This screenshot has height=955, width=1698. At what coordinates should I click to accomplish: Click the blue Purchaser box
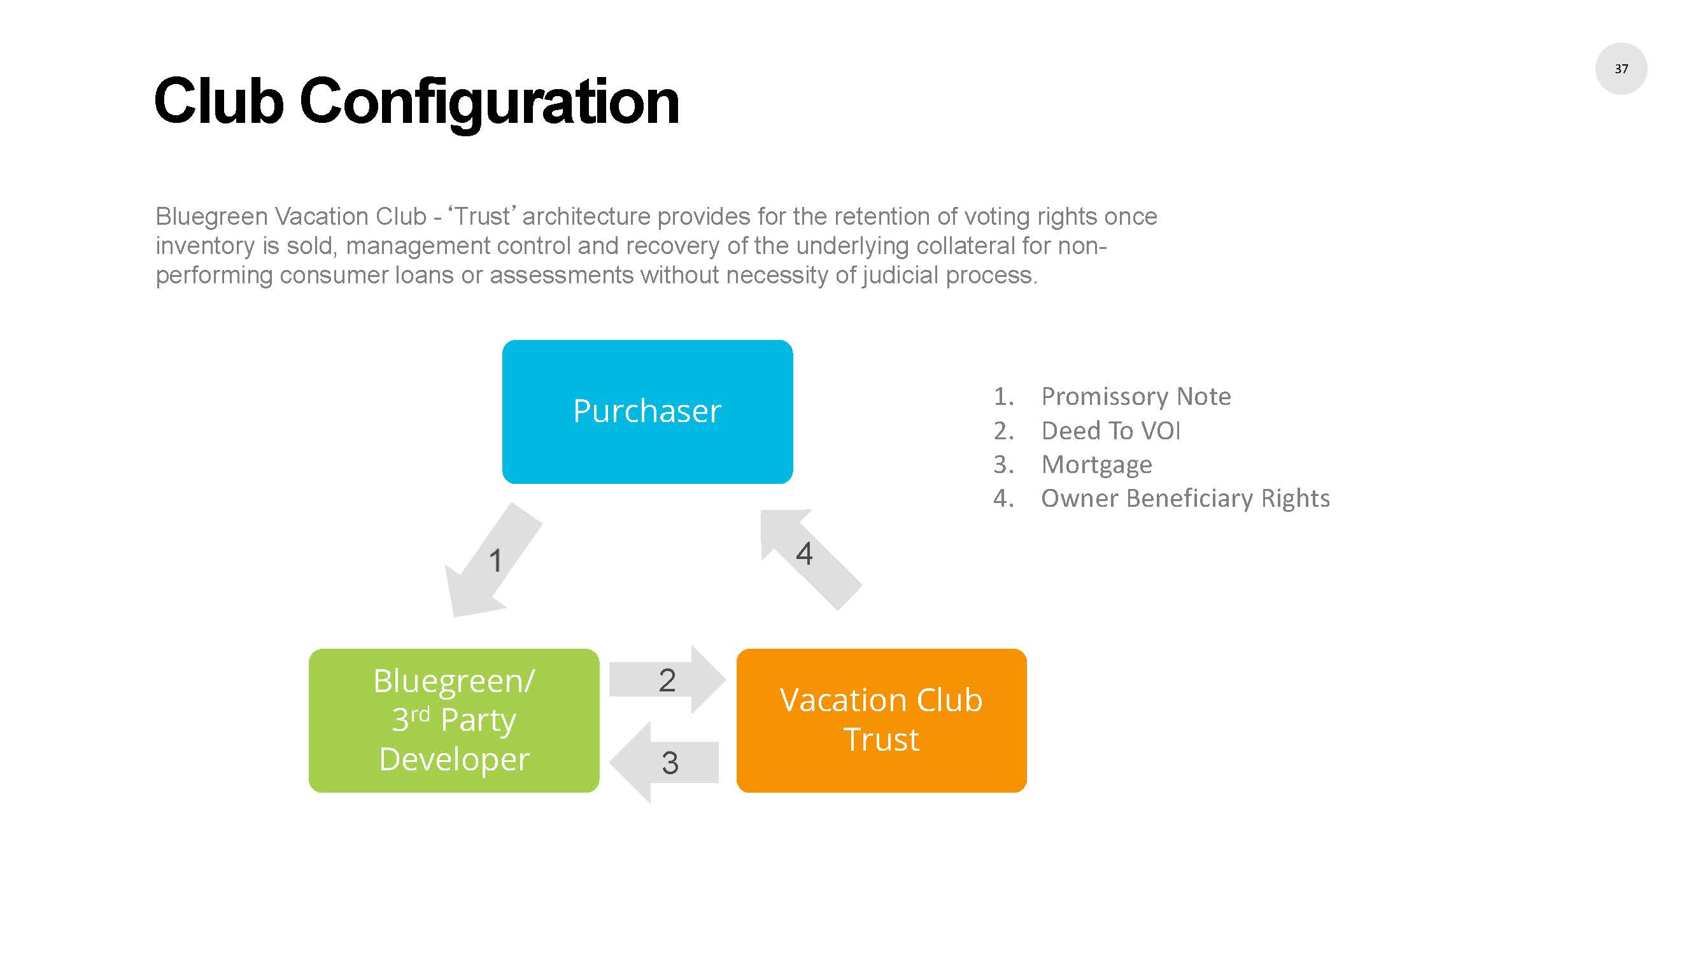click(647, 412)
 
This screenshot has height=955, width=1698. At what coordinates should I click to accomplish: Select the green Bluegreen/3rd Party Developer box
click(453, 719)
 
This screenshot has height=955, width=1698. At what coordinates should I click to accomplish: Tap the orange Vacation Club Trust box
click(881, 719)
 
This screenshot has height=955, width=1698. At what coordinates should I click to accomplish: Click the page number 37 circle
click(1620, 69)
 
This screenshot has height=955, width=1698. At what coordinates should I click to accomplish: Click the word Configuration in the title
click(488, 102)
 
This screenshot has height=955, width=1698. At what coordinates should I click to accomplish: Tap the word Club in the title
click(218, 102)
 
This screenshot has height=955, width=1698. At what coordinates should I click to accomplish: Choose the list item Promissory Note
click(1135, 396)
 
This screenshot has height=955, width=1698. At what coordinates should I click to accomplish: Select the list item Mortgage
click(1096, 465)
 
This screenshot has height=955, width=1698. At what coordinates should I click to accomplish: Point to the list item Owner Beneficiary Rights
click(1184, 499)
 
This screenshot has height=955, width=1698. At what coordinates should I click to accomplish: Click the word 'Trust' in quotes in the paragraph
click(481, 216)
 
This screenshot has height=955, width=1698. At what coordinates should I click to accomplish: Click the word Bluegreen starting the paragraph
click(211, 216)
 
